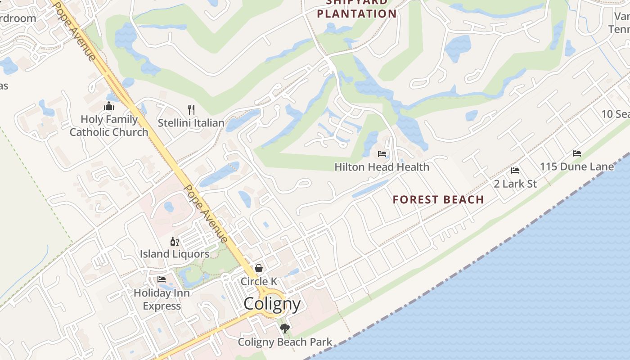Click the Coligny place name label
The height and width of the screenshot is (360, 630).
[x=272, y=304]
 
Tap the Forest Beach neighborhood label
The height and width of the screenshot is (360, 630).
[x=438, y=199]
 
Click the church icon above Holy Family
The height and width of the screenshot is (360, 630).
[x=109, y=106]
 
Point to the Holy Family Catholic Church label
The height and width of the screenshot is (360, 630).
[x=109, y=126]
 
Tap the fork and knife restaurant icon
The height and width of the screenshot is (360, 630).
[x=191, y=109]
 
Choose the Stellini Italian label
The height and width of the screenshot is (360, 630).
[x=191, y=123]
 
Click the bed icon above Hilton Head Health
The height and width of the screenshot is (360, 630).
[x=382, y=154]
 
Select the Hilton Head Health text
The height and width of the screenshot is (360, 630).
[x=382, y=167]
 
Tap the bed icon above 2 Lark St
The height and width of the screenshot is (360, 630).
[x=515, y=171]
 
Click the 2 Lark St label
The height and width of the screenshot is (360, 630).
[x=515, y=184]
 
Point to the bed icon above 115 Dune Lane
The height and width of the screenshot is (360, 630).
[x=577, y=153]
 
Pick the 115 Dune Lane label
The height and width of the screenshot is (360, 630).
[x=577, y=166]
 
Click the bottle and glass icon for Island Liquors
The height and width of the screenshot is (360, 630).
[x=175, y=242]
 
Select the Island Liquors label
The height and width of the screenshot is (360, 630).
[x=175, y=254]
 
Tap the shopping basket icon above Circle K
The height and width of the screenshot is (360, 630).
[x=259, y=268]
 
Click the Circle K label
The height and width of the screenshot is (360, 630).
[x=259, y=281]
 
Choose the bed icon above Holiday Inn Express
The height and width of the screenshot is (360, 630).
[x=162, y=279]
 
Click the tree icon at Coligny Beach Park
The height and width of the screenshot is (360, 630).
[x=284, y=328]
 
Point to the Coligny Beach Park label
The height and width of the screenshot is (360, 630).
[x=285, y=342]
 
